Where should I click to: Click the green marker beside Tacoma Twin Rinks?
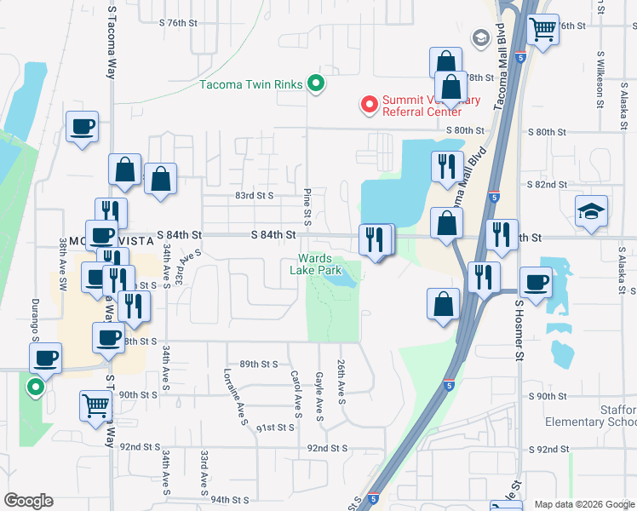point(316,83)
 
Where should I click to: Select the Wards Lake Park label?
point(320,264)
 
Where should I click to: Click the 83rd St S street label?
point(254,196)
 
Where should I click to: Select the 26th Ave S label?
point(341,381)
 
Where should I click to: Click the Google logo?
point(28,500)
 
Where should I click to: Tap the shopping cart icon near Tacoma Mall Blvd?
point(542,29)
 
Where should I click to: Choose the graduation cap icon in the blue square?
point(590,211)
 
